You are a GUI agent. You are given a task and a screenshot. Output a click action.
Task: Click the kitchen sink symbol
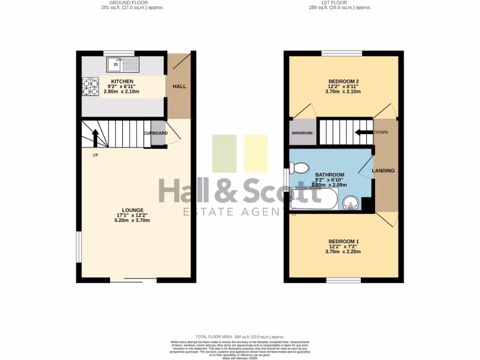pyautogui.click(x=123, y=64)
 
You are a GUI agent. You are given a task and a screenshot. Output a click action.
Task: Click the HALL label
pyautogui.click(x=179, y=87)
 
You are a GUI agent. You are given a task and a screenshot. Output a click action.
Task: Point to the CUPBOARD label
pyautogui.click(x=155, y=133)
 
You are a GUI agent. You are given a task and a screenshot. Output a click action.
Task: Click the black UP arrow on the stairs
pyautogui.click(x=95, y=138)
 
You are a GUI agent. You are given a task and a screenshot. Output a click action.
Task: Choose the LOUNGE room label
pyautogui.click(x=133, y=210)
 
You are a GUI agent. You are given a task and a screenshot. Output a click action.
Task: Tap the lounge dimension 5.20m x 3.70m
pyautogui.click(x=133, y=221)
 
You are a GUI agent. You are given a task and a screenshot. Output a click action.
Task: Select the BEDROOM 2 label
pyautogui.click(x=343, y=82)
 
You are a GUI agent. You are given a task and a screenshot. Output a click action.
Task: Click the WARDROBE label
pyautogui.click(x=302, y=133)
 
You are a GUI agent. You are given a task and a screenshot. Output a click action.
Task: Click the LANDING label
pyautogui.click(x=383, y=171)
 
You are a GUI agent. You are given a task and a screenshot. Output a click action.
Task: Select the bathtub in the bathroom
pyautogui.click(x=313, y=199)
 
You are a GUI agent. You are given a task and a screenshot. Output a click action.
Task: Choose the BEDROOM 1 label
pyautogui.click(x=343, y=241)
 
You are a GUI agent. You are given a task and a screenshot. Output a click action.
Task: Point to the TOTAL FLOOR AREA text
pyautogui.click(x=240, y=337)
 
